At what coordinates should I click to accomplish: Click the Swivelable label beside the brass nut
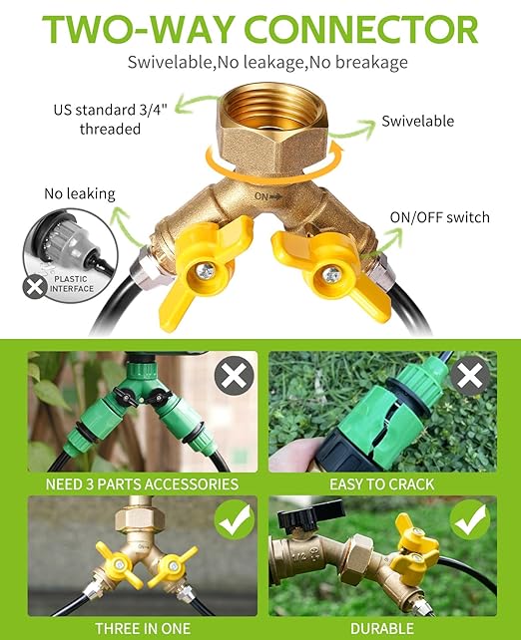pyautogui.click(x=417, y=122)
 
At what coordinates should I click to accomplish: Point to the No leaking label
pyautogui.click(x=79, y=193)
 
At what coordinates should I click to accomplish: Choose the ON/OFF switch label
pyautogui.click(x=439, y=217)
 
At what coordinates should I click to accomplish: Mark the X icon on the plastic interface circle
pyautogui.click(x=34, y=288)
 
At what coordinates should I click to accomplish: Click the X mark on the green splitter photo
pyautogui.click(x=235, y=376)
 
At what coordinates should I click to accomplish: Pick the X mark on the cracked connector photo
pyautogui.click(x=469, y=376)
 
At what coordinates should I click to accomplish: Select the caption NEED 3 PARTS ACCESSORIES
pyautogui.click(x=142, y=484)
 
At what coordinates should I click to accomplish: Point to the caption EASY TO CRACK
pyautogui.click(x=381, y=484)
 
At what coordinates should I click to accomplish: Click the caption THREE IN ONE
pyautogui.click(x=142, y=628)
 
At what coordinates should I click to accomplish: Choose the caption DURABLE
pyautogui.click(x=381, y=628)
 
